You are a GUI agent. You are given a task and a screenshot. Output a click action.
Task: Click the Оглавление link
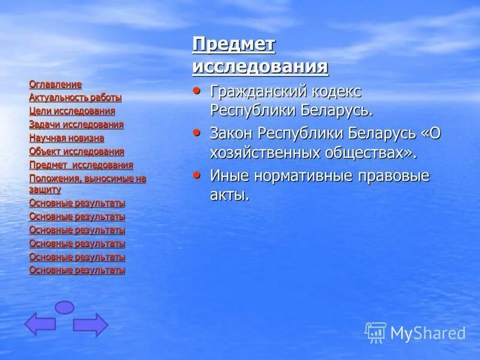[x=55, y=85]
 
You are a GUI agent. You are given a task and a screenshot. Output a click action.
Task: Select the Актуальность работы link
[x=75, y=98]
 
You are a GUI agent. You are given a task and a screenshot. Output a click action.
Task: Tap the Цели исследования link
[x=72, y=111]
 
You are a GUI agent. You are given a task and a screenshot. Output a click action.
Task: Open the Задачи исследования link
[x=76, y=125]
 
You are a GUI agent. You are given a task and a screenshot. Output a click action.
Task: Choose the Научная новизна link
[x=67, y=138]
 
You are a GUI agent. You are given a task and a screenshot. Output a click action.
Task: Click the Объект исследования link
[x=77, y=152]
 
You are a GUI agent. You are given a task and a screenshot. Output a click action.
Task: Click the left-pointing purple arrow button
[x=40, y=324]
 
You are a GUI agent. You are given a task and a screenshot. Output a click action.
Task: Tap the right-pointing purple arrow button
[x=90, y=325]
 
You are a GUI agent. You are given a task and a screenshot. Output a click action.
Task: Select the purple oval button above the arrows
[x=64, y=307]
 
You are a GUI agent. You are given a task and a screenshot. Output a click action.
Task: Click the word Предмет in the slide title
[x=233, y=44]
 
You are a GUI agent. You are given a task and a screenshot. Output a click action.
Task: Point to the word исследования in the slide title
[x=260, y=66]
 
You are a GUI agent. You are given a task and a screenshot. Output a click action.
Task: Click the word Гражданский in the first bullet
[x=259, y=92]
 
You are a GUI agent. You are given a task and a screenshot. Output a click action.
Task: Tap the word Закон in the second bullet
[x=232, y=133]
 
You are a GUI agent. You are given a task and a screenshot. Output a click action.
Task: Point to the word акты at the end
[x=229, y=195]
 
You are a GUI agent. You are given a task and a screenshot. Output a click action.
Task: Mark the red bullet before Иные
[x=197, y=174]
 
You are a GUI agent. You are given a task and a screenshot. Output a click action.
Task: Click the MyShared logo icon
[x=376, y=332]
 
